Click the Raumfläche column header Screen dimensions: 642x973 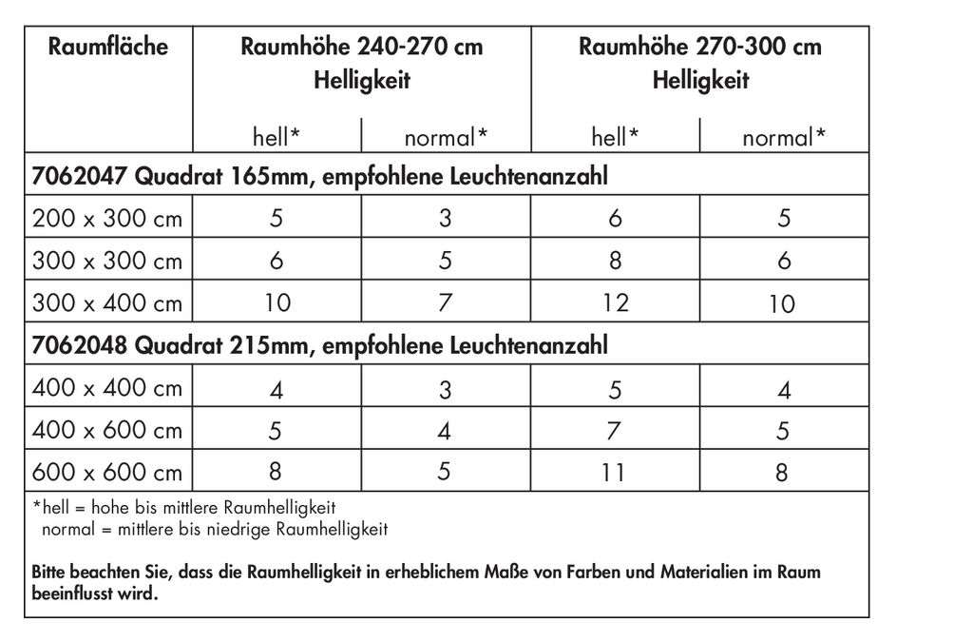(x=107, y=47)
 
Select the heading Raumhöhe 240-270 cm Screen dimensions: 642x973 (x=361, y=47)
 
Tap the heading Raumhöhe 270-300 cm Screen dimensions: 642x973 (x=699, y=47)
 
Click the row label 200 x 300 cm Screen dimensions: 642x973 (x=107, y=219)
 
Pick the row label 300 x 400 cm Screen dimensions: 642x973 (x=107, y=303)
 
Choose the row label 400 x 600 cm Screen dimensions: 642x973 (x=107, y=430)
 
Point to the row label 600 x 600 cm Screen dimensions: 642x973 (x=107, y=472)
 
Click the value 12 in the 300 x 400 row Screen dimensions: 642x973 (x=615, y=303)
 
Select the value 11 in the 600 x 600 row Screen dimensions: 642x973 (x=615, y=472)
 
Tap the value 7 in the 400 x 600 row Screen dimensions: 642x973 (x=615, y=431)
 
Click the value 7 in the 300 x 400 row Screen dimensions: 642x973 (x=445, y=303)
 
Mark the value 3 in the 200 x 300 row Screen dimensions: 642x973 (x=445, y=219)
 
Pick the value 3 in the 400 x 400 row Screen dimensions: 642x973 (x=445, y=389)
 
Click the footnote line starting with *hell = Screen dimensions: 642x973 (x=184, y=508)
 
